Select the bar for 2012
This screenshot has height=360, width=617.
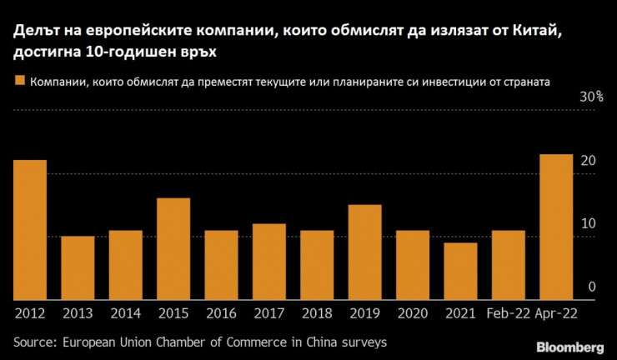click(30, 229)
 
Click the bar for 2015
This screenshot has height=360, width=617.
click(173, 248)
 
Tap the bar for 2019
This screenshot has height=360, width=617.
click(364, 252)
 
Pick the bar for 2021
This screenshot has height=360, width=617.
click(460, 271)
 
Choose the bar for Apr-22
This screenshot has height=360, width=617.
click(556, 227)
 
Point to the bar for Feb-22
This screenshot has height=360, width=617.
click(508, 265)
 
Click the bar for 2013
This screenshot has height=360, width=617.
click(78, 267)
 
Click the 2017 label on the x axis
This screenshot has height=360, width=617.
click(269, 313)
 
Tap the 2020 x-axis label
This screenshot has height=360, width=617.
click(413, 313)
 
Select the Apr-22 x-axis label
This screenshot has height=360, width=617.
click(556, 313)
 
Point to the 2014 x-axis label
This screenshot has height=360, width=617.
click(125, 313)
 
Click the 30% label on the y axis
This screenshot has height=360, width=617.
click(592, 97)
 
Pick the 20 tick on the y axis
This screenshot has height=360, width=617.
click(588, 160)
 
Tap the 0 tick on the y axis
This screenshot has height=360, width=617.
click(591, 287)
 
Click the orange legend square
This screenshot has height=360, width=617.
click(19, 82)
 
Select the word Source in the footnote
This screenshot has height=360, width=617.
click(34, 342)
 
